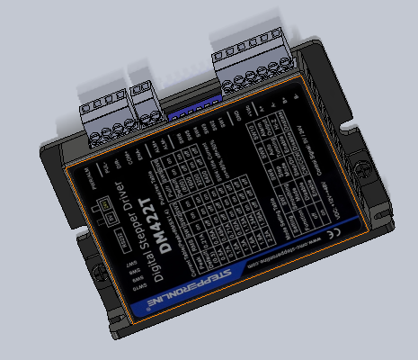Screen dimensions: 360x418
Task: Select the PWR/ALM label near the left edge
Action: point(76,179)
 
